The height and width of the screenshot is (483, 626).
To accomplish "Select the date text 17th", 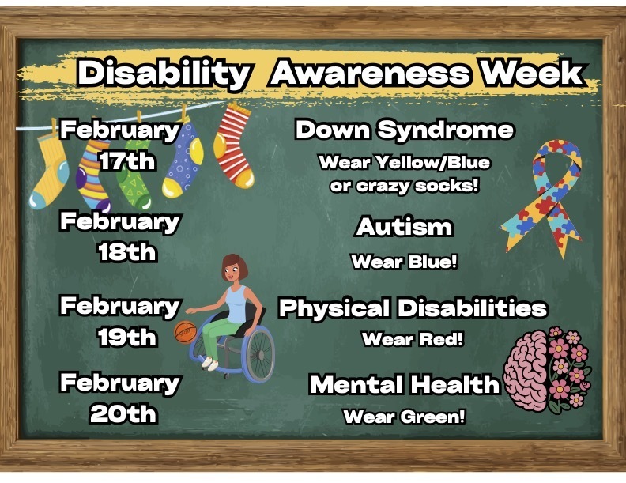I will (x=127, y=161).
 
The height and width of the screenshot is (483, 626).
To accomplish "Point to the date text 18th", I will (x=127, y=252).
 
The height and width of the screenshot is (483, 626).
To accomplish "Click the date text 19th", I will (x=127, y=337).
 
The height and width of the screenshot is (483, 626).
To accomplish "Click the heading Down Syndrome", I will (x=404, y=130).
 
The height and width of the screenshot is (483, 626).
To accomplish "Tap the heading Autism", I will (x=404, y=227).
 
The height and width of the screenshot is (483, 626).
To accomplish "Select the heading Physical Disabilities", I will (x=413, y=308).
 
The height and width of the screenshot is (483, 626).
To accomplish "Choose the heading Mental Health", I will (x=404, y=385).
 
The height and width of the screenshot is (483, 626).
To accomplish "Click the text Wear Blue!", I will (x=404, y=262).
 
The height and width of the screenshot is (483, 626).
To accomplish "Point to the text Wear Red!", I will (x=412, y=340).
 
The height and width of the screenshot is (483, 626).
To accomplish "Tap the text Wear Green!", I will (x=404, y=417).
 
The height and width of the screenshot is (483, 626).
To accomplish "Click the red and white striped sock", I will (x=235, y=146).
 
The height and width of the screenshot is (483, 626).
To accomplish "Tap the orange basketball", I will (x=184, y=332).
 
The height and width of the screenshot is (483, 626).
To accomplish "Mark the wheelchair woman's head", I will (x=232, y=270).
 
